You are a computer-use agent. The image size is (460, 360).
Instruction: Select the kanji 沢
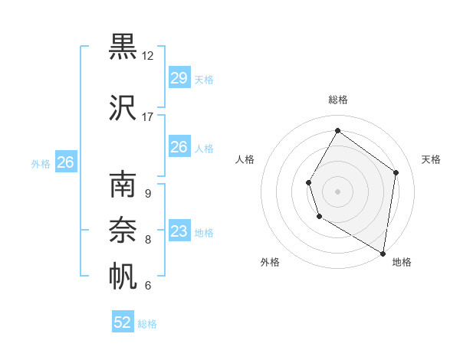123,109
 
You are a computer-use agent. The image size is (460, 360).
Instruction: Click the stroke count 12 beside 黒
148,55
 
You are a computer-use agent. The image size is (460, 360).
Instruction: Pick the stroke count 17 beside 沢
148,117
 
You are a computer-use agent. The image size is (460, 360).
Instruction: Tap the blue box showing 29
179,78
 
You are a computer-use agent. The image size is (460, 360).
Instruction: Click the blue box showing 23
179,231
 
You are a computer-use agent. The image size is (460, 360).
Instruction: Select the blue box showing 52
123,322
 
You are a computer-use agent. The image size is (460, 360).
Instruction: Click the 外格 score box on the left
65,162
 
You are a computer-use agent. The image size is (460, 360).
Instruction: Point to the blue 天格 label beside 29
204,79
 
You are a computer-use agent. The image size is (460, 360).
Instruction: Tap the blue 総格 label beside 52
147,324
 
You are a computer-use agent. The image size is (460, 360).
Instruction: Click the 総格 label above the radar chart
338,100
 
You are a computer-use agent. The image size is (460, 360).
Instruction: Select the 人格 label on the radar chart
245,159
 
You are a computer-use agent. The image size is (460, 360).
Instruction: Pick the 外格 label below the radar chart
270,262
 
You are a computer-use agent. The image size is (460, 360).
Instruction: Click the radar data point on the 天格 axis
396,172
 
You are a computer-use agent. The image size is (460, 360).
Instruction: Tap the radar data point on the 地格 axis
383,253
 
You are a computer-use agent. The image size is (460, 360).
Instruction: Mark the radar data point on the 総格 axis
337,131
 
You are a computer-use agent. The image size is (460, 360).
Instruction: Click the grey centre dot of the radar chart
337,191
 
